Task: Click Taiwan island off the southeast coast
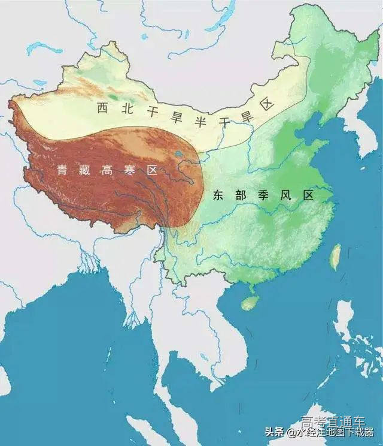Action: (336, 255)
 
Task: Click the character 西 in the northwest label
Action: (103, 109)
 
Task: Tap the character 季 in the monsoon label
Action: (262, 195)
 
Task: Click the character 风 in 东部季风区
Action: (285, 195)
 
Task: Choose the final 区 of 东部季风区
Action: (308, 195)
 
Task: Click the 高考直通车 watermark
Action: (332, 421)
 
